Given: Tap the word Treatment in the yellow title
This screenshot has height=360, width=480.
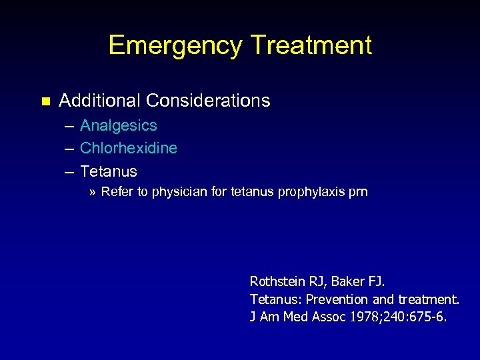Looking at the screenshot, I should coord(311,45).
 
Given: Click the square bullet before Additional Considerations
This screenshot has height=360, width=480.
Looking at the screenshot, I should coord(45,101).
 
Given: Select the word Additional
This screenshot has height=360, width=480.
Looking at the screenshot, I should coord(100,101).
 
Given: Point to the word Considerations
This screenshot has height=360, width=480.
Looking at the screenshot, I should coord(208,101).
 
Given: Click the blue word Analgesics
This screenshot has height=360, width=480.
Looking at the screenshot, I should coord(119,125).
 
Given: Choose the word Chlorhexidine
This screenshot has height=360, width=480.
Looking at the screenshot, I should coord(129,148).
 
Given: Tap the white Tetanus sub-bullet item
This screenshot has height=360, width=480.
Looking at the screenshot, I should coord(109,171).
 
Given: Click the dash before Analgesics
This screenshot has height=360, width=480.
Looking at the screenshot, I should coord(69,126).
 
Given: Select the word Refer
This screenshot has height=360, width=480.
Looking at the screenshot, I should coord(116,192).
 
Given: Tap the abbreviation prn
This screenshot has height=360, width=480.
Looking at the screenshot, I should coord(357,193).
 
